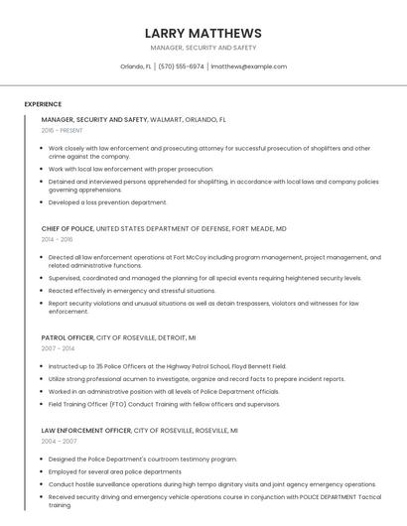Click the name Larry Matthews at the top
coord(203,33)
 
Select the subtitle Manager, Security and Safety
coord(203,48)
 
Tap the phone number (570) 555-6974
coord(181,66)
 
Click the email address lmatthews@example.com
coord(248,66)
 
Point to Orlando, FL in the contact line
coord(136,66)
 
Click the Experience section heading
coord(43,104)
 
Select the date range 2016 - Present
coord(62,131)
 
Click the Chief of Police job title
coord(68,228)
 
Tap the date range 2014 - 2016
coord(57,239)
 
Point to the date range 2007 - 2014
coord(58,348)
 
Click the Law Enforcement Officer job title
coord(86,431)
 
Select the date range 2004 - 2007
coord(59,442)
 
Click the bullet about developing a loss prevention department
coord(107,202)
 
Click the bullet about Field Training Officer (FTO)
coord(164,404)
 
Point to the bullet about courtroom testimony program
coord(143,460)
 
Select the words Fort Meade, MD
coord(259,228)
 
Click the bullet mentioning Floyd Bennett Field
coord(167,366)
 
